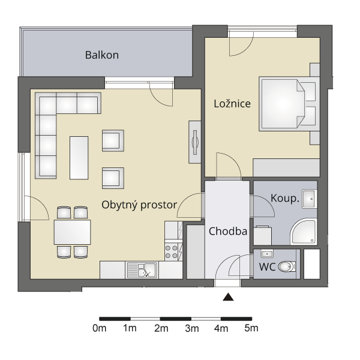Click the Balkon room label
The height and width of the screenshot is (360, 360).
coord(102,55)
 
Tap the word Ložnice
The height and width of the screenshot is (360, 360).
coord(232,104)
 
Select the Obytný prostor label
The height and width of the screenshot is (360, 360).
coord(139,205)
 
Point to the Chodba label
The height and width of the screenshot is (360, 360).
coord(228,231)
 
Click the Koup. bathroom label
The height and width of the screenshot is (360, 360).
coord(285,198)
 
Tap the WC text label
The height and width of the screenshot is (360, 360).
coord(267,267)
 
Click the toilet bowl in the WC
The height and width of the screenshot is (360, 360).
coord(286,266)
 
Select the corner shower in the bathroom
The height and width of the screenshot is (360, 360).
coord(304,232)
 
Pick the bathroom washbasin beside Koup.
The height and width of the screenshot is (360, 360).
coord(310,199)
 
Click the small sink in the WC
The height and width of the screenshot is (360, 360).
coord(267,253)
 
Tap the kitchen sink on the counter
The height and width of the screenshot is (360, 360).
coord(142,270)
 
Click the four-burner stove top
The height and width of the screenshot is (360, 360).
coord(171,251)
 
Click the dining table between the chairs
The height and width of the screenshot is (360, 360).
coord(73,232)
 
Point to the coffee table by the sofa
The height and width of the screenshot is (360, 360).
coord(79,158)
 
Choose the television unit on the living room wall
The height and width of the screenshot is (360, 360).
coord(194,142)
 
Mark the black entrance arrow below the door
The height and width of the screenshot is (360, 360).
coord(228,296)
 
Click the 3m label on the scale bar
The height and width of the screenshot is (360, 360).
coord(192,329)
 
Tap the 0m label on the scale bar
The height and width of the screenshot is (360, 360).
coord(100,329)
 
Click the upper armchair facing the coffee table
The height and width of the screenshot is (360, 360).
coord(113,140)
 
